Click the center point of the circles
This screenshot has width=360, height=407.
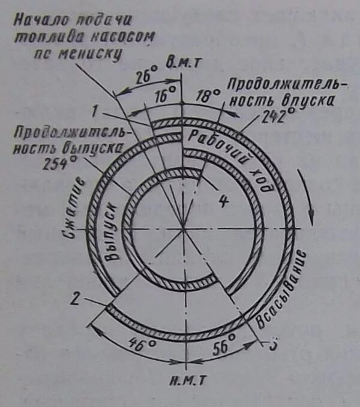183,227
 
